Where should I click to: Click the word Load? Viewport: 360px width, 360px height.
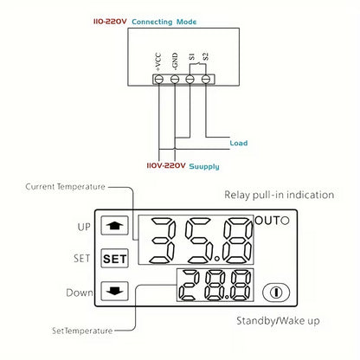click(239, 143)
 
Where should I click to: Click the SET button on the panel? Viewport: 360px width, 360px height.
click(113, 258)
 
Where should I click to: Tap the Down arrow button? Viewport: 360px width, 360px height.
click(113, 292)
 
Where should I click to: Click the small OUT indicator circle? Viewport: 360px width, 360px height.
click(285, 221)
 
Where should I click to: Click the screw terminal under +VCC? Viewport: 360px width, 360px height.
click(159, 79)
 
